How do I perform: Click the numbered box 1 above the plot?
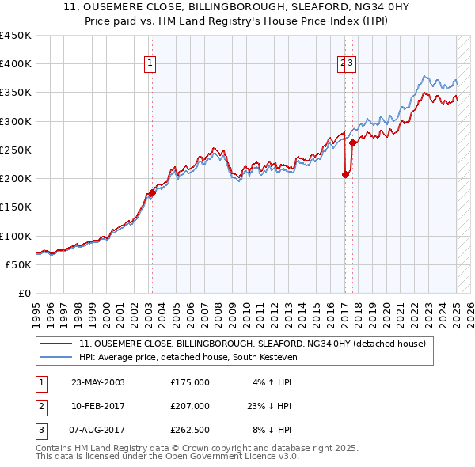tap(150, 65)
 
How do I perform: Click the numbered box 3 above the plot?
tap(350, 65)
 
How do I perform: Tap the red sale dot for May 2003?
tap(152, 192)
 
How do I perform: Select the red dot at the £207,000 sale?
tap(345, 174)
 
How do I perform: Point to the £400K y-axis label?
tap(16, 64)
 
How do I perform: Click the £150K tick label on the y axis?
tap(16, 207)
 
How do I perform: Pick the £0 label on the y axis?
tap(25, 293)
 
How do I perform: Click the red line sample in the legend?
tap(55, 344)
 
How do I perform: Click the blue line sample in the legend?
tap(55, 358)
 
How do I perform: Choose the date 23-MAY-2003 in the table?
tap(98, 382)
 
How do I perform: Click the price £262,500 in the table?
tap(190, 430)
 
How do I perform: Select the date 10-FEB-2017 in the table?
tap(98, 406)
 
